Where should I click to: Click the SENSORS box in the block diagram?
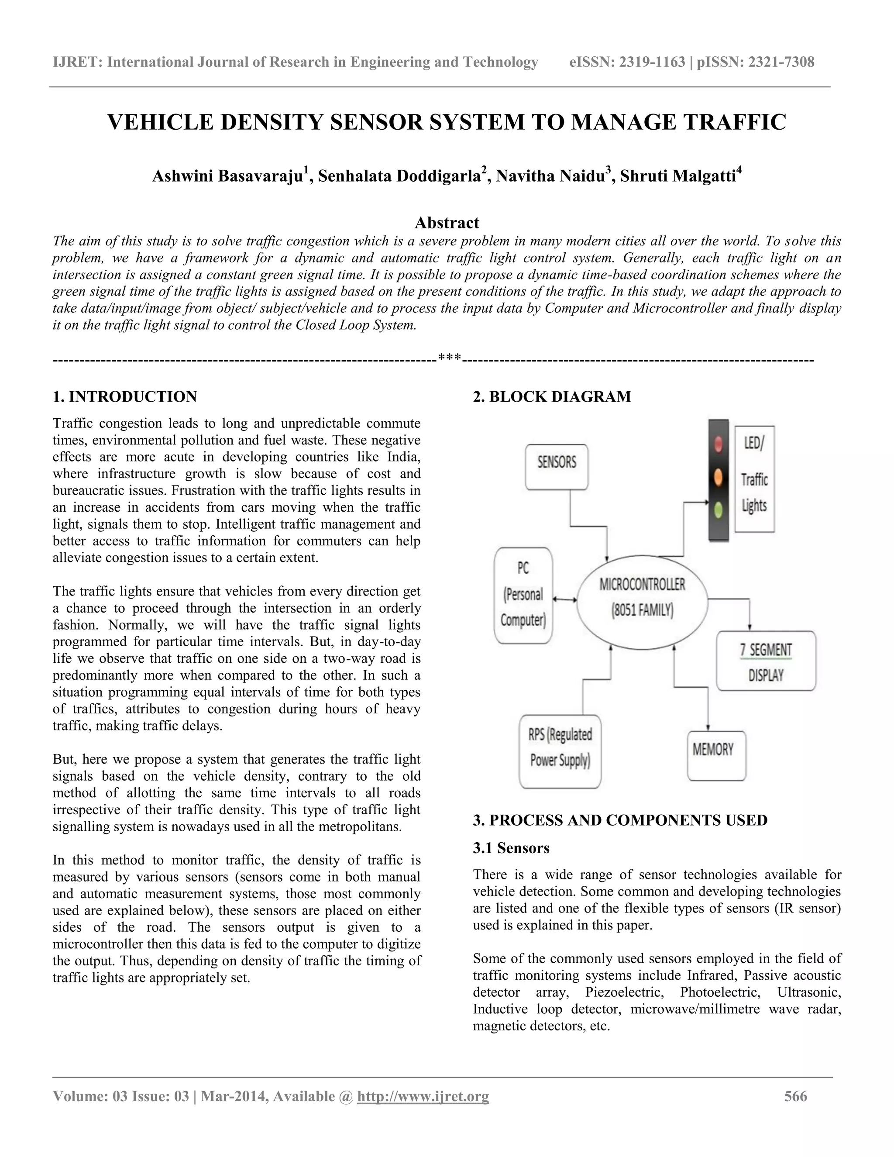[x=557, y=467]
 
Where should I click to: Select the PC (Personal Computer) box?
[x=523, y=595]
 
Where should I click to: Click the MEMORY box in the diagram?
[x=716, y=755]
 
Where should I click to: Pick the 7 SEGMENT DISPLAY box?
[x=766, y=661]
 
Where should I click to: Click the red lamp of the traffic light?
[x=719, y=444]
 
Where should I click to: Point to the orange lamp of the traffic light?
[x=719, y=477]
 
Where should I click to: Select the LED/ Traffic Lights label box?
[x=754, y=479]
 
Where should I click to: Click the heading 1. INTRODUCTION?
[x=125, y=397]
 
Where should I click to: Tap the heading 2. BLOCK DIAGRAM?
[x=551, y=397]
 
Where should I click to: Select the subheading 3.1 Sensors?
[x=511, y=848]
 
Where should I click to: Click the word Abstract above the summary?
[x=447, y=223]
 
